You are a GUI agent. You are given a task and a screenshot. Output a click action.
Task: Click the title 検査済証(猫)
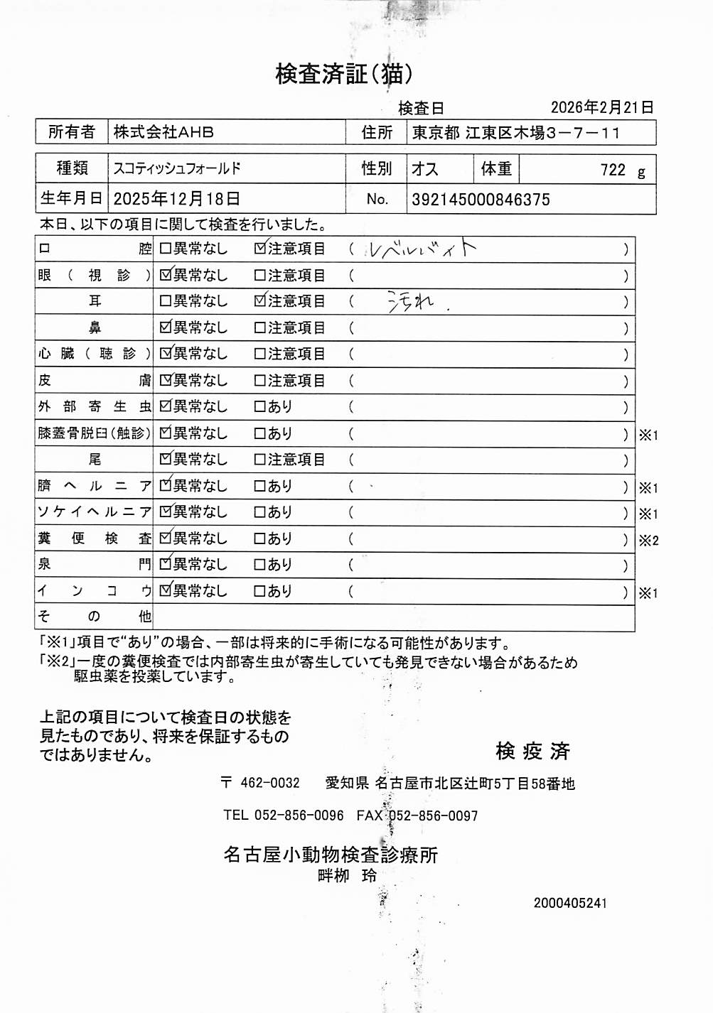coord(343,73)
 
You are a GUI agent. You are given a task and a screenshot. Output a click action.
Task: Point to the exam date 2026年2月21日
coord(601,107)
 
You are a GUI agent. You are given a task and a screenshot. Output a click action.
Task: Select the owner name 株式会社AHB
coord(163,132)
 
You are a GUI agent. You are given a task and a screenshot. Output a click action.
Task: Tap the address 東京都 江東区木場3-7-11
coord(516,133)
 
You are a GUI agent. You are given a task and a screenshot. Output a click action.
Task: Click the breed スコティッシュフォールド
coord(177,168)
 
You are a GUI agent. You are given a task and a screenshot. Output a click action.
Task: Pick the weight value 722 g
coord(622,170)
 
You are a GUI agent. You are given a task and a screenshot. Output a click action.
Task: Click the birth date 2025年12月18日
coord(176,199)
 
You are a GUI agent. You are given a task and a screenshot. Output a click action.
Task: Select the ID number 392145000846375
coord(481,200)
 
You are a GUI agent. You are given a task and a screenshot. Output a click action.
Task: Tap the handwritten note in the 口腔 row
coord(421,249)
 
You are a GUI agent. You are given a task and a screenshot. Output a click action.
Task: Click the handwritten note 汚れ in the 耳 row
coord(412,302)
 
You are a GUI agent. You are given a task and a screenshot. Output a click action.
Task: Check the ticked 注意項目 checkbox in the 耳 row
coord(260,301)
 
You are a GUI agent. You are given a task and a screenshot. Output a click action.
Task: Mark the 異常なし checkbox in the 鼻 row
coord(166,327)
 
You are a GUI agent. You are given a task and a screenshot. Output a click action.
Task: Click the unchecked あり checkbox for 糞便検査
coord(260,538)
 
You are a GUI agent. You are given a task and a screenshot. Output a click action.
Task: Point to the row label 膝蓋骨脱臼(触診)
coord(94,433)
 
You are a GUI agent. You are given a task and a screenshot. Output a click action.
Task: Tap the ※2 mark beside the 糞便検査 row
coord(648,541)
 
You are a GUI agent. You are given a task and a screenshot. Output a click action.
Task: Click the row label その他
coord(94,616)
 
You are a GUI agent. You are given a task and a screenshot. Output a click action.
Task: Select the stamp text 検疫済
coord(532,751)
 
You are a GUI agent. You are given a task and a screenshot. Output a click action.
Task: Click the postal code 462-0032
coord(269,783)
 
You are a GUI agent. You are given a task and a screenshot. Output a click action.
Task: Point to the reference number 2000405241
coord(570,903)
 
